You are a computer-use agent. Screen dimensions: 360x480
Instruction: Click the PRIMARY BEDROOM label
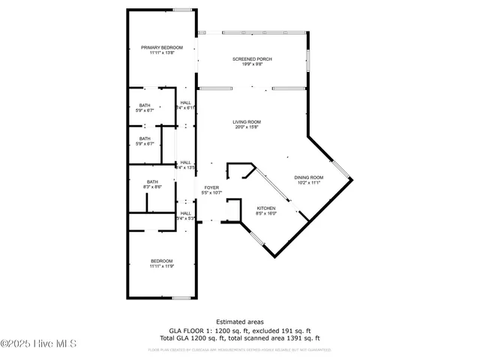point(161,47)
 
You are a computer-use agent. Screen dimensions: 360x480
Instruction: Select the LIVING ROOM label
point(246,121)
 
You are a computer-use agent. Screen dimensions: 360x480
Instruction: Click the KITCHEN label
point(266,208)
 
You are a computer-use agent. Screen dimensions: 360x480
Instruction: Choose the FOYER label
point(211,187)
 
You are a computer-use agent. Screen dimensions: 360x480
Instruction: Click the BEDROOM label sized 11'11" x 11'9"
point(161,261)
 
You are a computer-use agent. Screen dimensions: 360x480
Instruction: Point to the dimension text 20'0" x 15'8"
point(246,127)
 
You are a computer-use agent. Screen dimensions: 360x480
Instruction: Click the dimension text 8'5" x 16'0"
point(266,213)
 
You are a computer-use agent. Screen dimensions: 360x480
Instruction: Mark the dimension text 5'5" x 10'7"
point(211,193)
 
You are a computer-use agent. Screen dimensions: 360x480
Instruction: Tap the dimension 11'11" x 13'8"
point(161,52)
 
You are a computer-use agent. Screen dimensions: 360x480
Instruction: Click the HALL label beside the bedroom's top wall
point(186,213)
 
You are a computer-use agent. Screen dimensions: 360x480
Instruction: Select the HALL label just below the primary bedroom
point(186,102)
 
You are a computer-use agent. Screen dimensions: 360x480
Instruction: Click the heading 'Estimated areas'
point(239,322)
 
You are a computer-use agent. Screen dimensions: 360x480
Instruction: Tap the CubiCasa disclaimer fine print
point(239,349)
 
